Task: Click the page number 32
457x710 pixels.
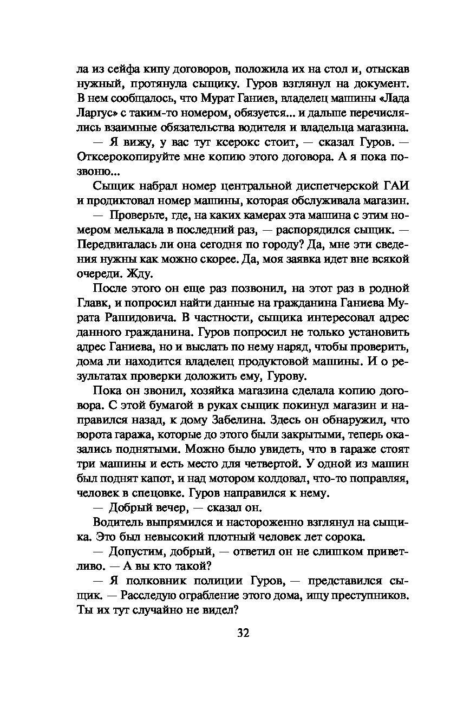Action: tap(243, 634)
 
